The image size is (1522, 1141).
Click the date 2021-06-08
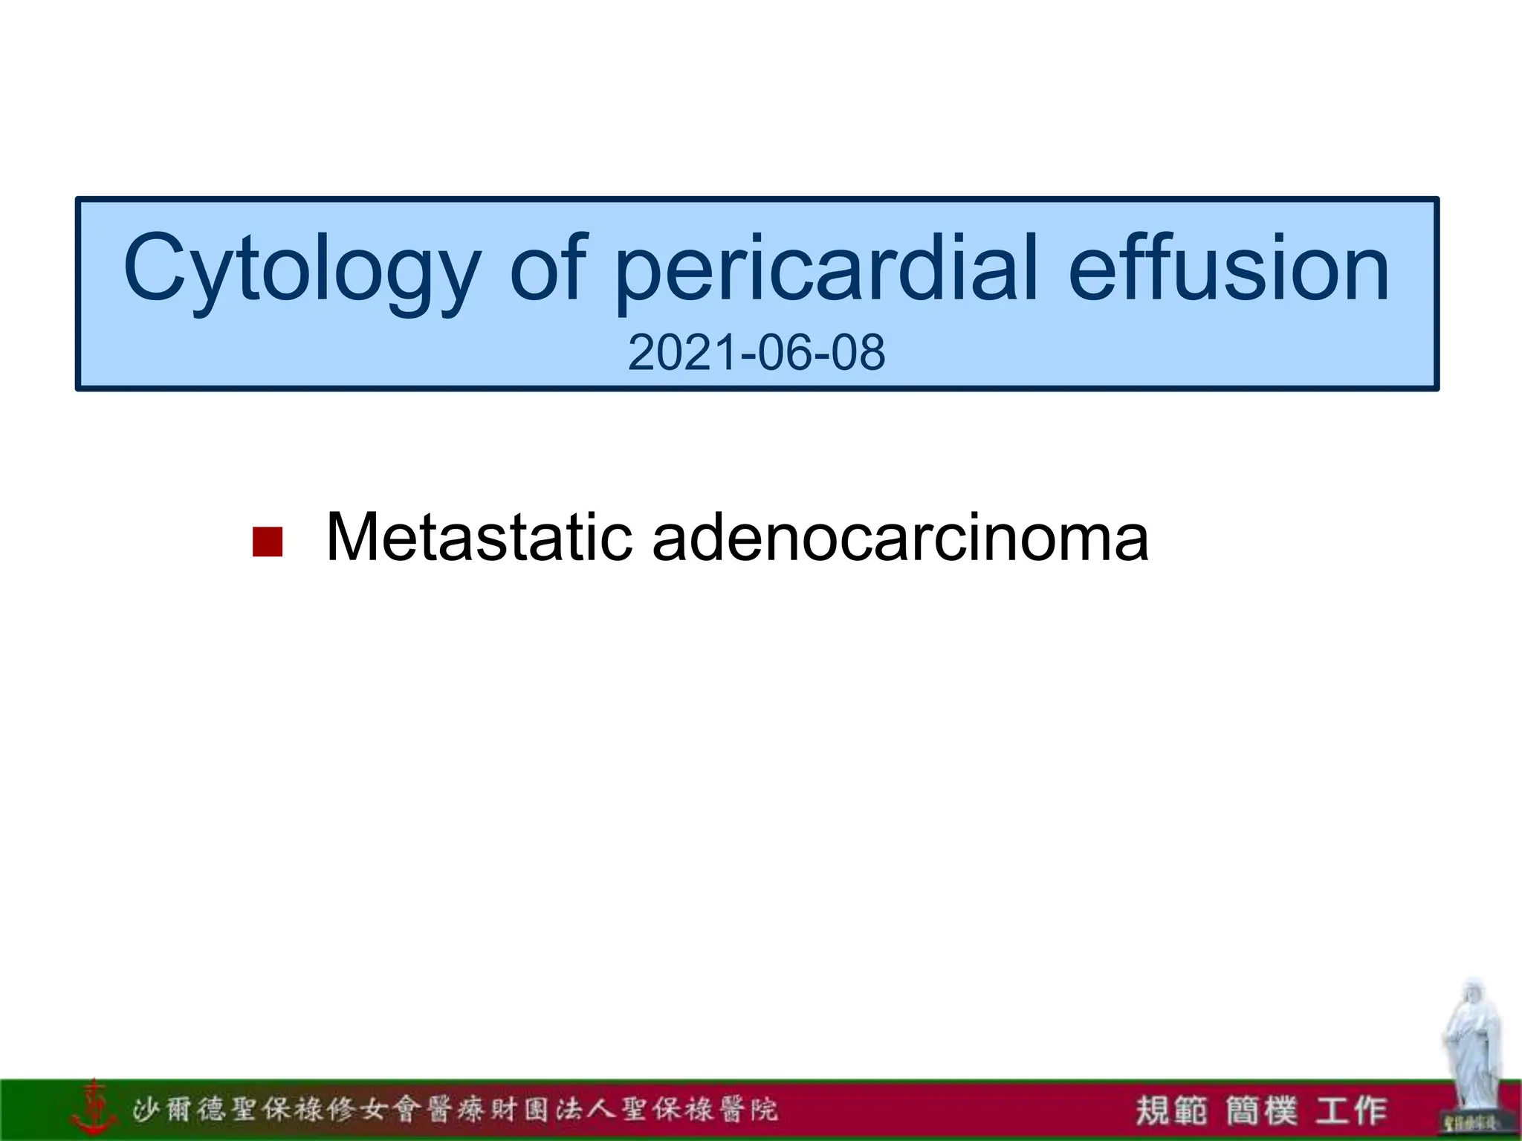click(756, 352)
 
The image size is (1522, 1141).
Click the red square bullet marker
click(268, 542)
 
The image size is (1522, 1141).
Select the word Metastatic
click(479, 537)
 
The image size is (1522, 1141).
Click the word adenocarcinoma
click(900, 537)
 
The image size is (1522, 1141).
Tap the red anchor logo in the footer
click(94, 1108)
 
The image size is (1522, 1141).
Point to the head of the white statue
click(1471, 995)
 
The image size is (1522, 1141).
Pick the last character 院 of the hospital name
click(763, 1110)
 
